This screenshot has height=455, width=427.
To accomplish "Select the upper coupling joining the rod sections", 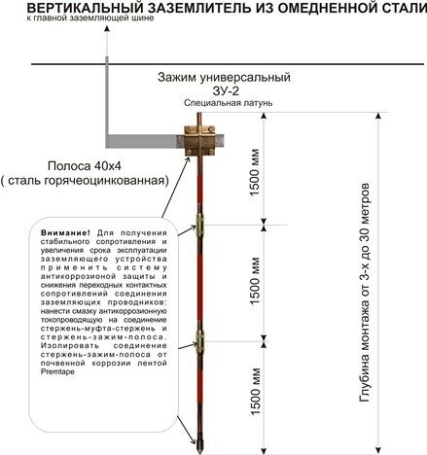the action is [x=199, y=223].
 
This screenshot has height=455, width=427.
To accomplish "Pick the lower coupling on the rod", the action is [x=199, y=339].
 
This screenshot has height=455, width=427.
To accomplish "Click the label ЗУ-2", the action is [x=226, y=91].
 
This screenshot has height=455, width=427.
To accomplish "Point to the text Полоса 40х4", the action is [x=85, y=166].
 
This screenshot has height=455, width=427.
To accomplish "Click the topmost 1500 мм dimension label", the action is [x=255, y=172].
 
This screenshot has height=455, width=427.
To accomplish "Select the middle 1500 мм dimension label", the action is [x=255, y=281].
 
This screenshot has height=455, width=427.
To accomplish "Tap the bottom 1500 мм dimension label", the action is [x=255, y=392].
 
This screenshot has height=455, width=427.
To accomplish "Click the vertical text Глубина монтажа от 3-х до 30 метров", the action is [x=364, y=293].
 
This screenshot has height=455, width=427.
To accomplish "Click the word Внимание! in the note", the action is [x=66, y=233].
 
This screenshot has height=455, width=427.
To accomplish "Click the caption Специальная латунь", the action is [x=229, y=103].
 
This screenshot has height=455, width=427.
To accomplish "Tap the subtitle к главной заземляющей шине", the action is [x=90, y=18].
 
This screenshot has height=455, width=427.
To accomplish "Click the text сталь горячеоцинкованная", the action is [x=87, y=181].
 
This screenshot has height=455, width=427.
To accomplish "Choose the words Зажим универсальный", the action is [x=224, y=78].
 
